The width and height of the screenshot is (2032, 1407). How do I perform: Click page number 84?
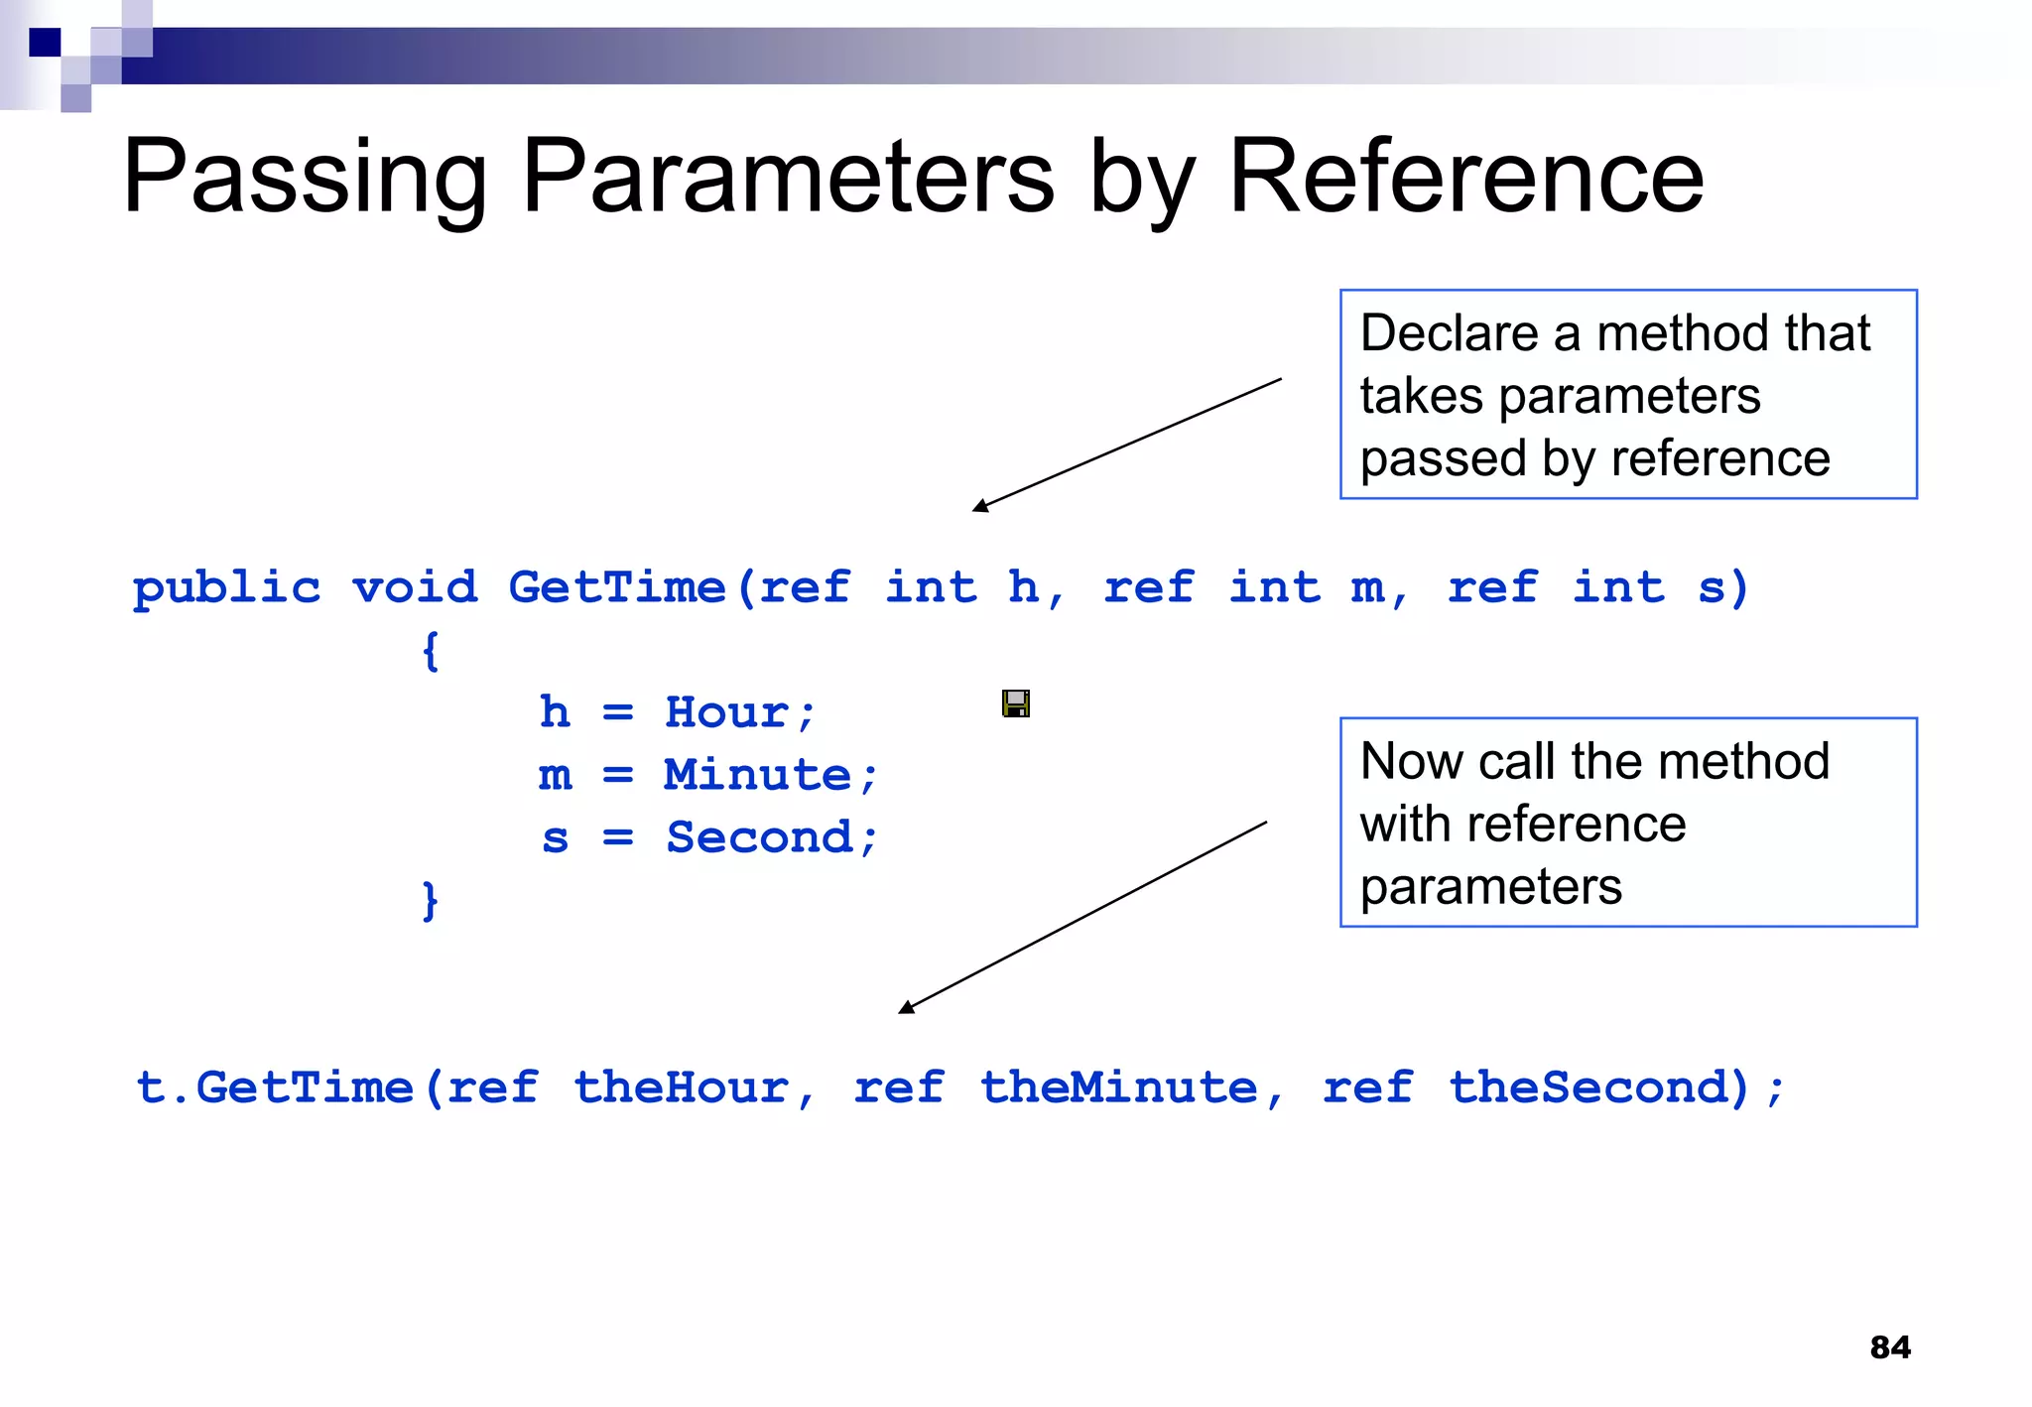click(1889, 1347)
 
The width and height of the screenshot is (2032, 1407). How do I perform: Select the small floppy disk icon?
click(1015, 703)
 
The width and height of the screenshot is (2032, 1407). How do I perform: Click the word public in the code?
click(227, 587)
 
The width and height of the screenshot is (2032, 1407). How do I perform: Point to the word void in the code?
click(415, 587)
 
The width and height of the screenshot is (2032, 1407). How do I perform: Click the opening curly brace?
click(430, 652)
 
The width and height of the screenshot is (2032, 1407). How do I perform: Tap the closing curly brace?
click(430, 901)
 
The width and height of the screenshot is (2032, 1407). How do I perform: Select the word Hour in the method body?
click(726, 712)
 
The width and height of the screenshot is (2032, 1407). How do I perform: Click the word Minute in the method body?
click(757, 775)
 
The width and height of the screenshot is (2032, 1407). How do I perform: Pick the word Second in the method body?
click(759, 837)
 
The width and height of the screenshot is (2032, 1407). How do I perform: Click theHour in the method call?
click(681, 1087)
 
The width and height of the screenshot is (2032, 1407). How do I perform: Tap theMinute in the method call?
click(1118, 1087)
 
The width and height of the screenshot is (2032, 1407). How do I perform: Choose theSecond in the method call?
click(1597, 1087)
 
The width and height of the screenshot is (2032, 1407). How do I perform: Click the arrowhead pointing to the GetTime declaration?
click(980, 506)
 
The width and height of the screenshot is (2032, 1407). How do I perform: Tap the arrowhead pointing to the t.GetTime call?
click(906, 1007)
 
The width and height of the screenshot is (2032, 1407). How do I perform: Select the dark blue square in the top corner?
click(45, 43)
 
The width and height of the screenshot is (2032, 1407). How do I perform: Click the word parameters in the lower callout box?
click(1490, 886)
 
